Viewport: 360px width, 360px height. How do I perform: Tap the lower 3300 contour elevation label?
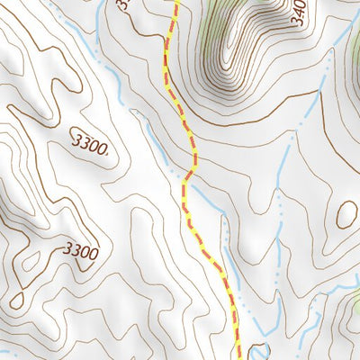pyautogui.click(x=80, y=251)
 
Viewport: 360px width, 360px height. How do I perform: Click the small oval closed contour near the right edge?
pyautogui.click(x=346, y=214)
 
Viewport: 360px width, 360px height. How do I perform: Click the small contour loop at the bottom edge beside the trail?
pyautogui.click(x=260, y=352)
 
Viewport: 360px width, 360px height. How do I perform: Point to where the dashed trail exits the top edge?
pyautogui.click(x=176, y=2)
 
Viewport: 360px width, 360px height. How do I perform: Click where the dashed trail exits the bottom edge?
pyautogui.click(x=238, y=357)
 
